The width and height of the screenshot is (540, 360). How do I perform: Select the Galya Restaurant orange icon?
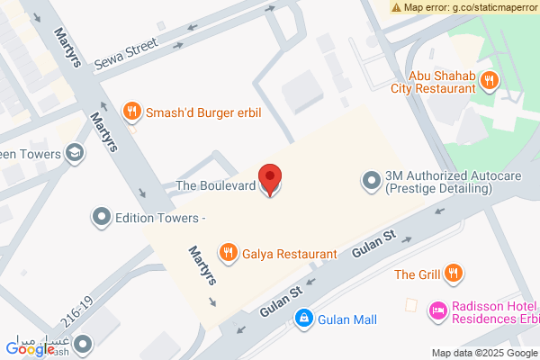[229, 254]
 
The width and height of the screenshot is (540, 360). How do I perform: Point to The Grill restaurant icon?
[454, 273]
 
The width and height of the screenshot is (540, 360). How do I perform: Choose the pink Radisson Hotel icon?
[438, 310]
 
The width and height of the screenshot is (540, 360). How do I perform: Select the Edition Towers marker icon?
[101, 217]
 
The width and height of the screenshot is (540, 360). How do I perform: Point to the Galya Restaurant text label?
[289, 255]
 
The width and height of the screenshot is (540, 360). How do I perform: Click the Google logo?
[29, 348]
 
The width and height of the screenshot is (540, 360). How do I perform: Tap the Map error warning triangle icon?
[396, 7]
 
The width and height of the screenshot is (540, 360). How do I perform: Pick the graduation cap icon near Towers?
[76, 153]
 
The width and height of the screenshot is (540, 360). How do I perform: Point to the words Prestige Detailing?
[438, 189]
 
